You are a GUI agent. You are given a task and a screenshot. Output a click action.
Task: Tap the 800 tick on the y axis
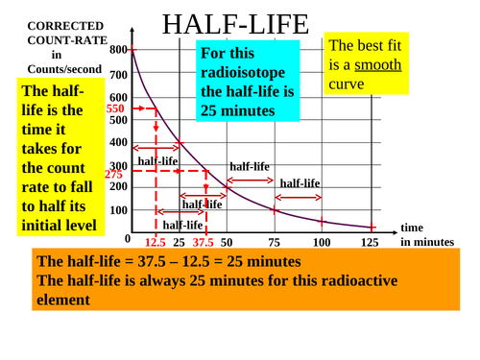[x=119, y=50]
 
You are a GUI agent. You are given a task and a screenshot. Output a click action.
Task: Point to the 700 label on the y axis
[x=119, y=75]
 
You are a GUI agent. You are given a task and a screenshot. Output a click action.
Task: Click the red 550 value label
[x=115, y=109]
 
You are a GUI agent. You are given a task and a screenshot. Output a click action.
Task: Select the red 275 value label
[x=113, y=175]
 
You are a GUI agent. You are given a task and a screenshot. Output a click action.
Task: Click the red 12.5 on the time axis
[x=156, y=243]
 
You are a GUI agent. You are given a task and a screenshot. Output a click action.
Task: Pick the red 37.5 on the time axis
[x=203, y=243]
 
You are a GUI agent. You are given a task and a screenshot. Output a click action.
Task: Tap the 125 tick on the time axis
[x=370, y=243]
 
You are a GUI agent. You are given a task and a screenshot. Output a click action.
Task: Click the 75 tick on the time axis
[x=275, y=243]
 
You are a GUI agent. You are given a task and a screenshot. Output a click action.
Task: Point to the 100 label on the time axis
[x=321, y=243]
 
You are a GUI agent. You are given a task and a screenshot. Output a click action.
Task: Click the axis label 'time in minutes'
[x=425, y=235]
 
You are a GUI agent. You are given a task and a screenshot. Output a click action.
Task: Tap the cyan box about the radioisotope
[x=249, y=82]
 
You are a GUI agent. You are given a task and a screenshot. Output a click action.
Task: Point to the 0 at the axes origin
[x=128, y=238]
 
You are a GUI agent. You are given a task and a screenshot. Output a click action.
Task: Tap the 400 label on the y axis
[x=119, y=142]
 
